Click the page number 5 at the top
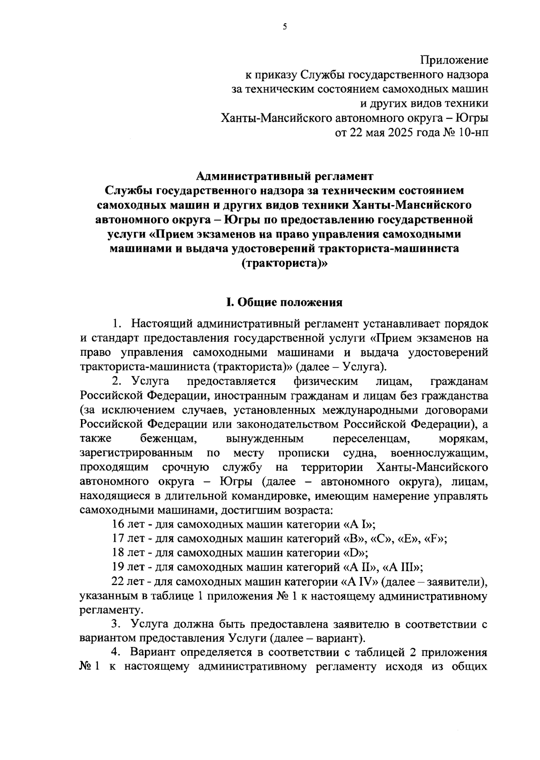coord(284,27)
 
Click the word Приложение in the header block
coord(454,59)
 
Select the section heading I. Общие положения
coord(284,302)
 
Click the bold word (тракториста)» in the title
coord(284,264)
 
